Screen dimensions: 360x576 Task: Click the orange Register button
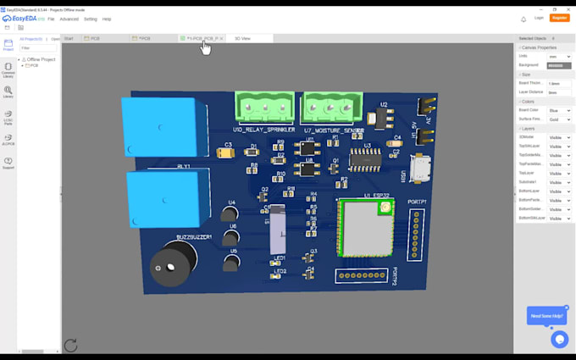pos(559,18)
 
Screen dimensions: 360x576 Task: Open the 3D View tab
pos(242,38)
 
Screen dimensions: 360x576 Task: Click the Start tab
pos(69,38)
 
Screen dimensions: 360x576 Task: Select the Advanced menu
pos(69,19)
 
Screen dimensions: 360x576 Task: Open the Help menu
pos(107,19)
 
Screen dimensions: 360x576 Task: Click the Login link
pos(540,18)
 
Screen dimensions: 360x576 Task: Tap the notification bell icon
pos(523,19)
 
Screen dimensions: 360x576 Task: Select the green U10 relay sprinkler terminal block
pos(265,108)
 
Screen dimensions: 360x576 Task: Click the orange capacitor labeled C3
pos(225,152)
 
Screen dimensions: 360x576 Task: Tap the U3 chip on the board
pos(368,158)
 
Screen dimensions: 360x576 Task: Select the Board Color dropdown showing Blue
pos(559,110)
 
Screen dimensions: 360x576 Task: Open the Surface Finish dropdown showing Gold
pos(559,119)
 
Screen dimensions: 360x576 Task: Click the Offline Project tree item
pos(40,59)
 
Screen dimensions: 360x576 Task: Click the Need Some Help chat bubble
pos(546,316)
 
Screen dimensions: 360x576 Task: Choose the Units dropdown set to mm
pos(559,57)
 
